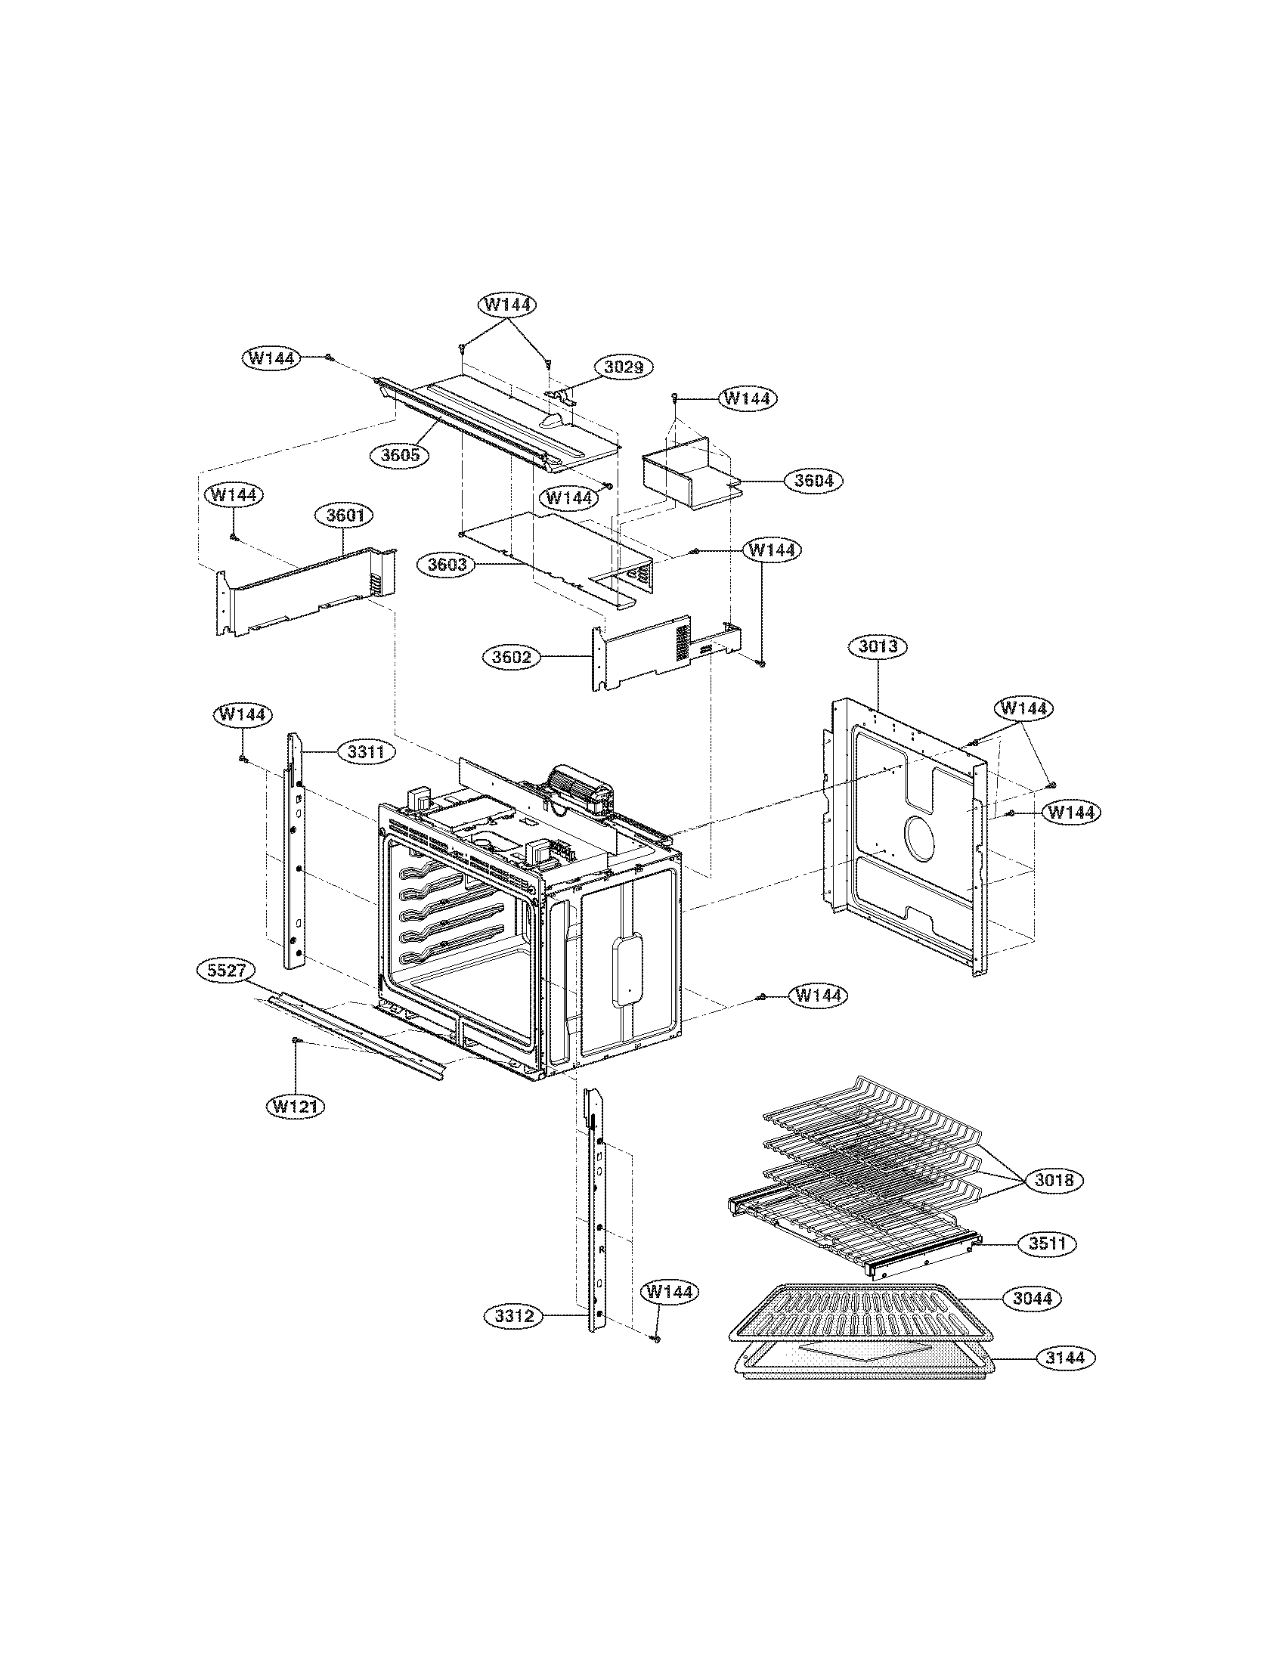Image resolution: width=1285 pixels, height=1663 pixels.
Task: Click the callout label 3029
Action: coord(624,367)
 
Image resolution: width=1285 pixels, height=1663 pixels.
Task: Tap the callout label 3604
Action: coord(813,481)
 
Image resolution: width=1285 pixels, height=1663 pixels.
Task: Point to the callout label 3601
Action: coord(344,516)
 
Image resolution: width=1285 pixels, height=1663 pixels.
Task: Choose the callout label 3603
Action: coord(447,565)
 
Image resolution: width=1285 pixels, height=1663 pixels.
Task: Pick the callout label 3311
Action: coord(365,752)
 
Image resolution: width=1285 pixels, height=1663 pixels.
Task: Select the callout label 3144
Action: coord(1065,1358)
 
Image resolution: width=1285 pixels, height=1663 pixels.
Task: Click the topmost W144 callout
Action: coord(507,305)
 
